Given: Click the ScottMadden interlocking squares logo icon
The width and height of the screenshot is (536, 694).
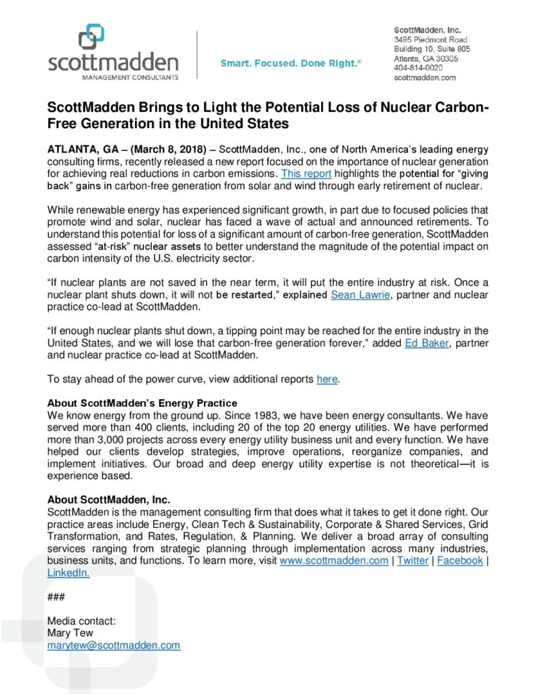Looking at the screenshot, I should (x=91, y=37).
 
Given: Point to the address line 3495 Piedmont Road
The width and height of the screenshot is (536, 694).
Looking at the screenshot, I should (x=431, y=40).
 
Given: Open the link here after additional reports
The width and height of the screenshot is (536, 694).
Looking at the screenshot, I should (x=327, y=380).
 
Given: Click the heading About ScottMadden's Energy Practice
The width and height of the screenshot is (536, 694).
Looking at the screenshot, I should (x=142, y=403).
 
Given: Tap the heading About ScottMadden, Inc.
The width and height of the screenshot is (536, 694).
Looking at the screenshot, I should (x=108, y=499).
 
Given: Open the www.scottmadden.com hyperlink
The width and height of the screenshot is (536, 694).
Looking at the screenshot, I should (x=333, y=560).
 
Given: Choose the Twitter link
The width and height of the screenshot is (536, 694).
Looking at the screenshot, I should (x=412, y=560).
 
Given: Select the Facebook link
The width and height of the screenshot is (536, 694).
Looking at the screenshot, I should (x=459, y=560).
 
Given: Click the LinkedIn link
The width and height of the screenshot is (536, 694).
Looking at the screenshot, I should (x=68, y=573).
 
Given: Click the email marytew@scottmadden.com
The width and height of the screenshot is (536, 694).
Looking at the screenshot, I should (x=113, y=645).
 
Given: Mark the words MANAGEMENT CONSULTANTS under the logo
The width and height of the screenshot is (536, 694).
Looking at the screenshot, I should (x=113, y=77).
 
